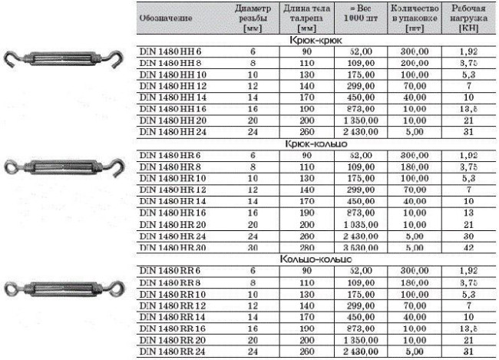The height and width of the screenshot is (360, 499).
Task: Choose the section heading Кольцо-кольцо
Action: click(x=316, y=259)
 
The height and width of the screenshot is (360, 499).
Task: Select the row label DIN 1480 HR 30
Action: click(x=173, y=248)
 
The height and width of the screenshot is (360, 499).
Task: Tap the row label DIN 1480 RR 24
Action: click(x=173, y=352)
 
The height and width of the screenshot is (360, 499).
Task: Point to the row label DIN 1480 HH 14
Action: click(x=173, y=97)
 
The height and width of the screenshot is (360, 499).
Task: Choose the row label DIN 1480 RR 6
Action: click(x=171, y=271)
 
